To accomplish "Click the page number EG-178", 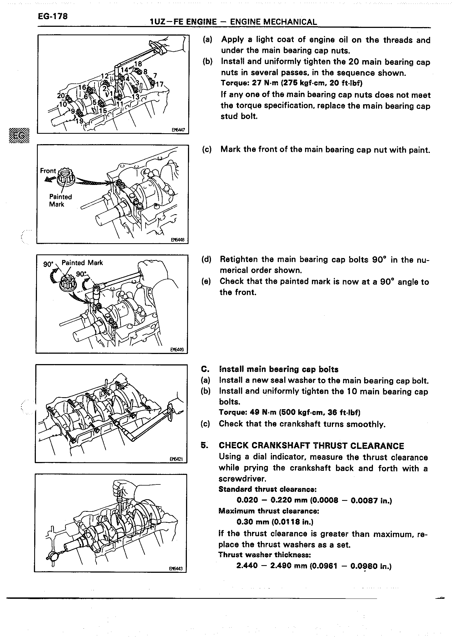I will tap(53, 16).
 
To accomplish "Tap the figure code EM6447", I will tap(178, 130).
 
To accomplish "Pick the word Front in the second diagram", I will tap(48, 171).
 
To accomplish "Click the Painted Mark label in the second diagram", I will tap(60, 201).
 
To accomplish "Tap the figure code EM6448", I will tap(178, 240).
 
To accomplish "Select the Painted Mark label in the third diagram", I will tap(82, 263).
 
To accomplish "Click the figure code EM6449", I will tap(177, 350).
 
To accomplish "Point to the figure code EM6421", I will tap(176, 459).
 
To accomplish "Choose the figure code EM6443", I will tap(176, 569).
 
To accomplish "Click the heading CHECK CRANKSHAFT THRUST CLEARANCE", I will tap(311, 446).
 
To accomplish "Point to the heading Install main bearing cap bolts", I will tap(279, 369).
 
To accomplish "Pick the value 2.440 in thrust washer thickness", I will tap(247, 565).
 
